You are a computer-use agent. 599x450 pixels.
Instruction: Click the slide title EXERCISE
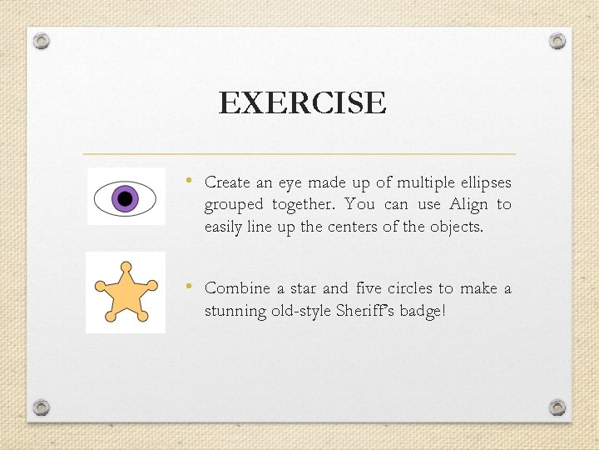[x=302, y=103]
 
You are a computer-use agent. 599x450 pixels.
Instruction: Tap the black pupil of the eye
[x=126, y=198]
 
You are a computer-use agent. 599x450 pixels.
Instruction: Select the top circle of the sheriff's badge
[x=126, y=267]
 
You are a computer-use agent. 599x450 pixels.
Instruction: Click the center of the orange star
[x=126, y=293]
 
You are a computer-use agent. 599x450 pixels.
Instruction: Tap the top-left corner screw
[x=42, y=41]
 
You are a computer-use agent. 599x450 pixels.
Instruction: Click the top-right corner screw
[x=557, y=41]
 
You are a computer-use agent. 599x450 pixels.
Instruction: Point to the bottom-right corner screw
[x=557, y=407]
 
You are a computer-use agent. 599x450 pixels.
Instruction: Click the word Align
[x=468, y=205]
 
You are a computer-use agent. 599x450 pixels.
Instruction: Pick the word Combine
[x=237, y=288]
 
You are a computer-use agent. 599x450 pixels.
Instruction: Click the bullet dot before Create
[x=190, y=181]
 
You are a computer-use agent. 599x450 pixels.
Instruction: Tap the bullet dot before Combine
[x=190, y=287]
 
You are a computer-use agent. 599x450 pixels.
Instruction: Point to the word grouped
[x=234, y=205]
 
